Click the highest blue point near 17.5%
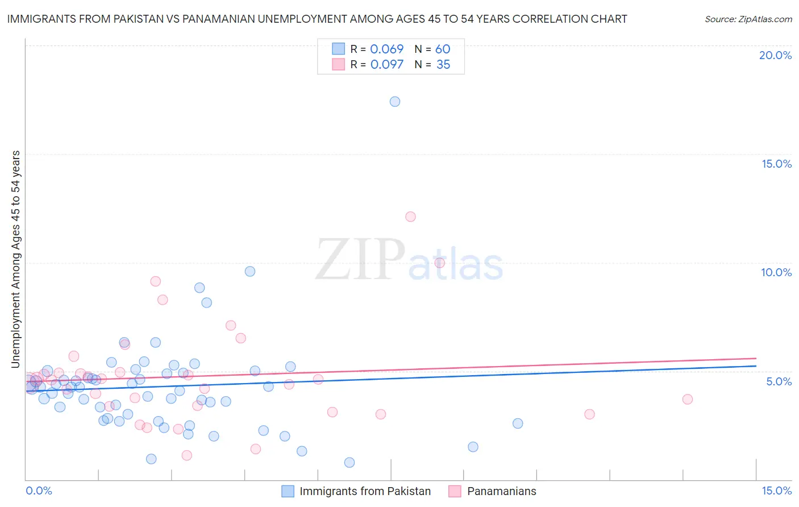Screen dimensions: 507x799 tap(395, 102)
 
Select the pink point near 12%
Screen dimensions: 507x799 tap(410, 217)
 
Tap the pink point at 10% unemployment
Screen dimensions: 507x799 tap(439, 263)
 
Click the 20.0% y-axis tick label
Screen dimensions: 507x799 tap(775, 55)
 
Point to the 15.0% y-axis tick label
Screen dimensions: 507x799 tap(776, 164)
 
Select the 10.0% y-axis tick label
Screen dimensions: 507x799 tap(776, 272)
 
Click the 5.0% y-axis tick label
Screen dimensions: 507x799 tap(779, 381)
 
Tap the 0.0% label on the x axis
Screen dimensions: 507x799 tap(39, 491)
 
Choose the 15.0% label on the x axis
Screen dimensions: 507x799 tap(776, 491)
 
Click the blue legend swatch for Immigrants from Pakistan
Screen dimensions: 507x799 tap(288, 491)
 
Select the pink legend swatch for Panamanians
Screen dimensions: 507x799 tap(455, 491)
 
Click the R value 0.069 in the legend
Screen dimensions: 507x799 tap(386, 49)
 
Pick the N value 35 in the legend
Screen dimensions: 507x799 tap(443, 65)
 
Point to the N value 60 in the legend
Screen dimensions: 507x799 tap(443, 49)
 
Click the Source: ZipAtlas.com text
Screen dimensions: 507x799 tap(748, 19)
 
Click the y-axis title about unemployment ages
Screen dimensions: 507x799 tap(16, 259)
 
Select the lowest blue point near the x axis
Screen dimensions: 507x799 tap(349, 463)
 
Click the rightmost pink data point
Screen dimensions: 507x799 tap(688, 399)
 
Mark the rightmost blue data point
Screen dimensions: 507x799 tap(518, 423)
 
